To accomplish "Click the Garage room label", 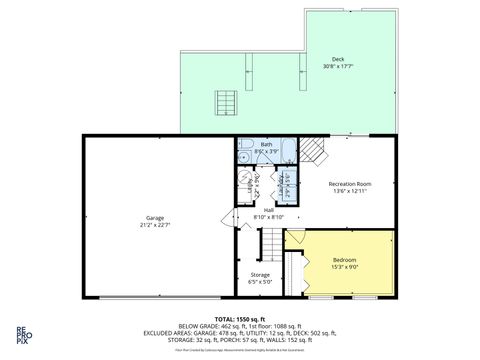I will point(154,217).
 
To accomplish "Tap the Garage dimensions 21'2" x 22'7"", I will point(154,224).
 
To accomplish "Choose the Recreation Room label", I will point(350,184).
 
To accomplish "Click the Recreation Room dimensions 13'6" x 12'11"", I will point(350,191).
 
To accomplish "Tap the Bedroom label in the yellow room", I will point(343,260).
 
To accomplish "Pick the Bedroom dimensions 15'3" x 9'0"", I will point(343,267).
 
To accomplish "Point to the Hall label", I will point(268,209).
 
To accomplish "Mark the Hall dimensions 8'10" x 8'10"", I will point(268,216).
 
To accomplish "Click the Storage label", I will point(260,274).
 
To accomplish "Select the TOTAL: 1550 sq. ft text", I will point(239,318).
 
